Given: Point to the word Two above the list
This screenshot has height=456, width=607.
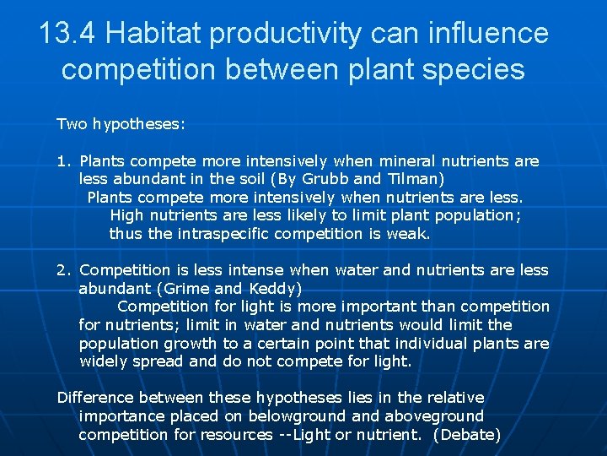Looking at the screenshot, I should point(72,124).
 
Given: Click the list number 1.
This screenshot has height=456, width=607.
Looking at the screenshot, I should point(63,160).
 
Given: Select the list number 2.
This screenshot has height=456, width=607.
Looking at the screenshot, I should point(63,270).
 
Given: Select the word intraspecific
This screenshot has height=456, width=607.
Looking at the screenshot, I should point(223,234).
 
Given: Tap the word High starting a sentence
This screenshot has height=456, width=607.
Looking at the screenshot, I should point(126,215).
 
